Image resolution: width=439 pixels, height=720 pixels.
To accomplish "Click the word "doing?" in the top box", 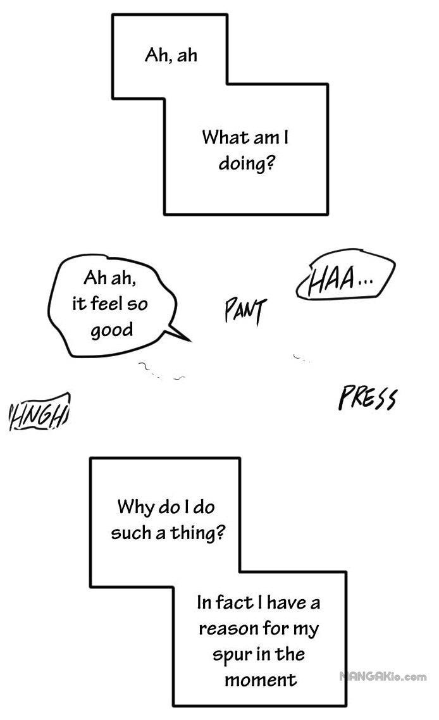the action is pos(247,163).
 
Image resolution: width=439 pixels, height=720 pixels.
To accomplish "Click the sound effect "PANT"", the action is pos(245,311).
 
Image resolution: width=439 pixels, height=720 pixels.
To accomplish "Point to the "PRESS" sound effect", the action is pos(368,398).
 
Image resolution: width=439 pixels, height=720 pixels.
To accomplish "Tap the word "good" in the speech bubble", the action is pos(111,330).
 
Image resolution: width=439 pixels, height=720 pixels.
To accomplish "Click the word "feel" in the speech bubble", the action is pos(106,304).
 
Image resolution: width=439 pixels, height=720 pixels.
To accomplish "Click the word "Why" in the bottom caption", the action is pos(135,507).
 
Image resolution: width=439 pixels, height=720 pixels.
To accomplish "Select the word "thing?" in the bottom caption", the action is pos(198,533).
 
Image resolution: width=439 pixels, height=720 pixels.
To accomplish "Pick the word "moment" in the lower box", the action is pos(261,680).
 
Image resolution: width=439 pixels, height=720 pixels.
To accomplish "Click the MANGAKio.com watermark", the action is pos(383,676).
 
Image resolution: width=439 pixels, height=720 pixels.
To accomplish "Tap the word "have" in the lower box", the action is pos(287,602).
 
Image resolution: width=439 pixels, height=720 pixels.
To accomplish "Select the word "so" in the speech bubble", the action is pos(137,304).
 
